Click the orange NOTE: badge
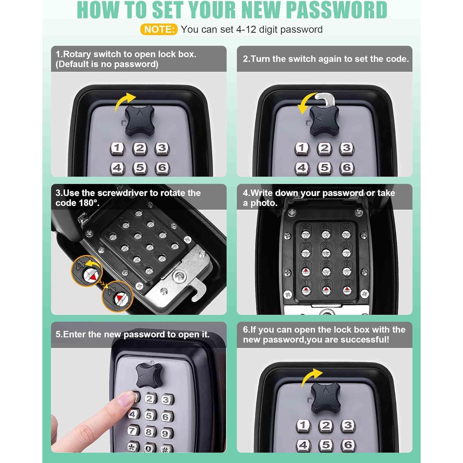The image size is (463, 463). click(159, 29)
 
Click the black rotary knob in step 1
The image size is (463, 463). click(139, 120)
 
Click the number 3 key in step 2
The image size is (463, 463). click(347, 148)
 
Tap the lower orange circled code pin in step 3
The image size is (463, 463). click(118, 296)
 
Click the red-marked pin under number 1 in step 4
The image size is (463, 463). click(306, 290)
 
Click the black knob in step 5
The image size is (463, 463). click(149, 376)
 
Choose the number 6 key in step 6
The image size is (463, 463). click(348, 445)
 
